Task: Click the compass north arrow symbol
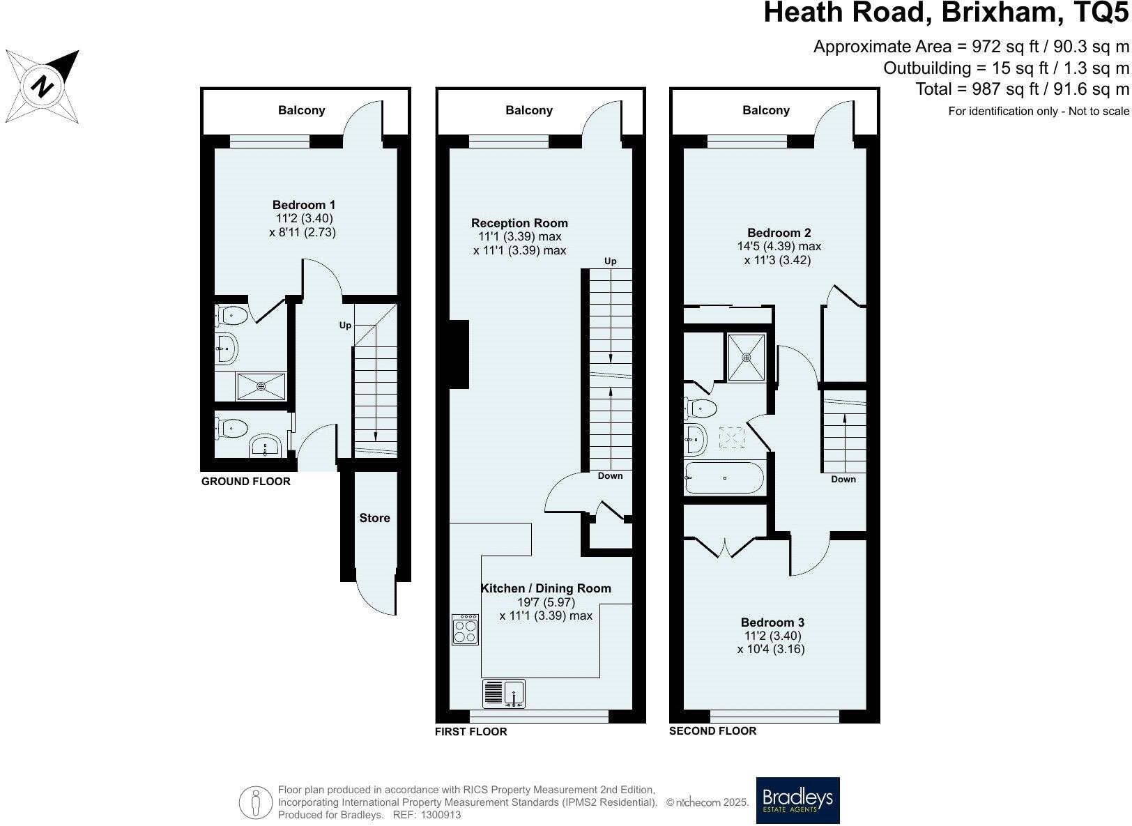[x=43, y=86]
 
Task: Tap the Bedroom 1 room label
[x=303, y=205]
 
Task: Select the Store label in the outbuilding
[x=374, y=518]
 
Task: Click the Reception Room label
[x=519, y=223]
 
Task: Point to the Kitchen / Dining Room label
[x=546, y=588]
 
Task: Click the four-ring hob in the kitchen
[x=465, y=629]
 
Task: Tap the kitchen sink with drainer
[x=504, y=694]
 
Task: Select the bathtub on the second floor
[x=724, y=477]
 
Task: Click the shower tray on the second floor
[x=746, y=358]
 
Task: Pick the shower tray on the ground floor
[x=261, y=386]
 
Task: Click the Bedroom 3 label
[x=772, y=622]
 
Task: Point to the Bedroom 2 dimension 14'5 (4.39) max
[x=779, y=246]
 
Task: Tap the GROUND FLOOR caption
[x=245, y=482]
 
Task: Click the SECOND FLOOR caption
[x=712, y=731]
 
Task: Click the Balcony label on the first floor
[x=529, y=110]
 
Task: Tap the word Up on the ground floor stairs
[x=345, y=326]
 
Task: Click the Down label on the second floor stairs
[x=843, y=480]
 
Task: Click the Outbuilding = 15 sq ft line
[x=1005, y=68]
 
